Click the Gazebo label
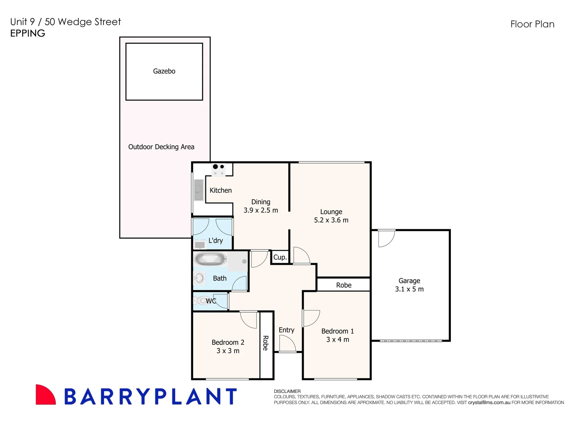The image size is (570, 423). click(x=164, y=71)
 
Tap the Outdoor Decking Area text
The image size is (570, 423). click(x=161, y=147)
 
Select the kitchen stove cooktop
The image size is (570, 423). click(x=219, y=169)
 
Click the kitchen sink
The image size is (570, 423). click(x=199, y=190)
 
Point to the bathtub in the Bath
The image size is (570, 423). click(x=210, y=259)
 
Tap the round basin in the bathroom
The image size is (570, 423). click(x=199, y=278)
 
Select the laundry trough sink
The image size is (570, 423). click(x=200, y=245)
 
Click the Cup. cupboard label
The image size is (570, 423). click(x=280, y=257)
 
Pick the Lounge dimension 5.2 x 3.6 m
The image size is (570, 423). click(x=331, y=220)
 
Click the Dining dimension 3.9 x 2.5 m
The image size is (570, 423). click(x=261, y=210)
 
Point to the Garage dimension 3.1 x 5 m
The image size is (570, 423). click(x=409, y=289)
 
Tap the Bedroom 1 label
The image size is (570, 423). click(x=337, y=331)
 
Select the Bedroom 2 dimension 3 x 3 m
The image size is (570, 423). click(x=228, y=351)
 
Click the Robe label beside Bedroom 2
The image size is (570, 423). click(x=266, y=343)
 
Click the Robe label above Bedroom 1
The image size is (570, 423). click(x=344, y=285)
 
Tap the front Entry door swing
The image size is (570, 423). click(x=287, y=343)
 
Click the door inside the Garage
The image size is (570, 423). click(x=386, y=239)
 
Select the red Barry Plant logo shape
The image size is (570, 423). click(x=45, y=395)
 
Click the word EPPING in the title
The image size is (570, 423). click(x=28, y=33)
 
